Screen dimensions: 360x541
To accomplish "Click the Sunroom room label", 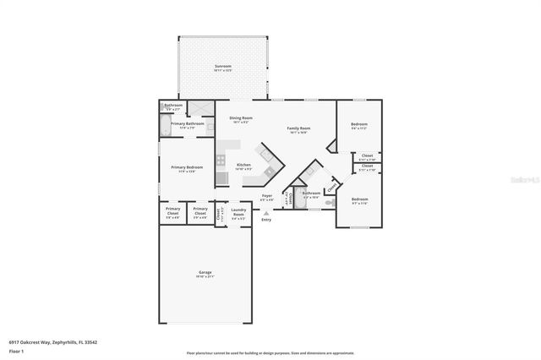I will click(x=222, y=67).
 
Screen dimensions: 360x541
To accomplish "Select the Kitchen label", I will click(x=243, y=166).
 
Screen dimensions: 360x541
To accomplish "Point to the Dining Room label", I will click(x=241, y=119).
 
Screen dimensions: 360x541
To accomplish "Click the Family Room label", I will click(x=298, y=129).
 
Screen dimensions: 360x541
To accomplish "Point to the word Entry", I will click(x=266, y=220).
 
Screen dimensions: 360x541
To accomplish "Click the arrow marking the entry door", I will click(x=266, y=213).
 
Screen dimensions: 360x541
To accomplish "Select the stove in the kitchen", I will click(x=220, y=160).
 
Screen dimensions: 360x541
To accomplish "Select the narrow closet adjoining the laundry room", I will click(x=218, y=215).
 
